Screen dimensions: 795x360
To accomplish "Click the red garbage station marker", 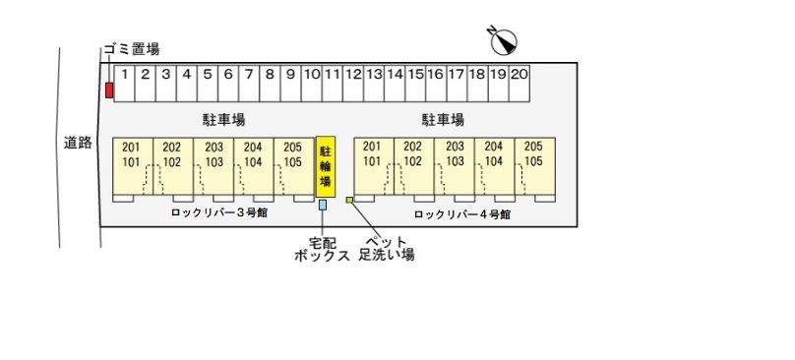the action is pos(109,90).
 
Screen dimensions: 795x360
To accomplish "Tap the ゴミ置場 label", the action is pos(131,49).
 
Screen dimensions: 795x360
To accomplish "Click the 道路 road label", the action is pos(78,144).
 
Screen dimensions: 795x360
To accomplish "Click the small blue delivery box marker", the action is pos(323,205).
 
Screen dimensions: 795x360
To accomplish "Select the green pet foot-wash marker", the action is pos(349,201).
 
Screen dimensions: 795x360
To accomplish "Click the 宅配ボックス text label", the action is pos(323,248).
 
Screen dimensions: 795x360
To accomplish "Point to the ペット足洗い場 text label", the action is pos(386,248).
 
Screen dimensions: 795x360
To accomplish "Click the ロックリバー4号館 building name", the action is pos(461,213).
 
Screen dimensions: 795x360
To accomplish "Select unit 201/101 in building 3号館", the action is pos(132,165).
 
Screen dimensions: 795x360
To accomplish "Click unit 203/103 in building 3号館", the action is pos(213,165).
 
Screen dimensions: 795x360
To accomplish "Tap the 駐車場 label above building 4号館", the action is pos(443,120).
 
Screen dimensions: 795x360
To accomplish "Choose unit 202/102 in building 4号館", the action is pos(413,165).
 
